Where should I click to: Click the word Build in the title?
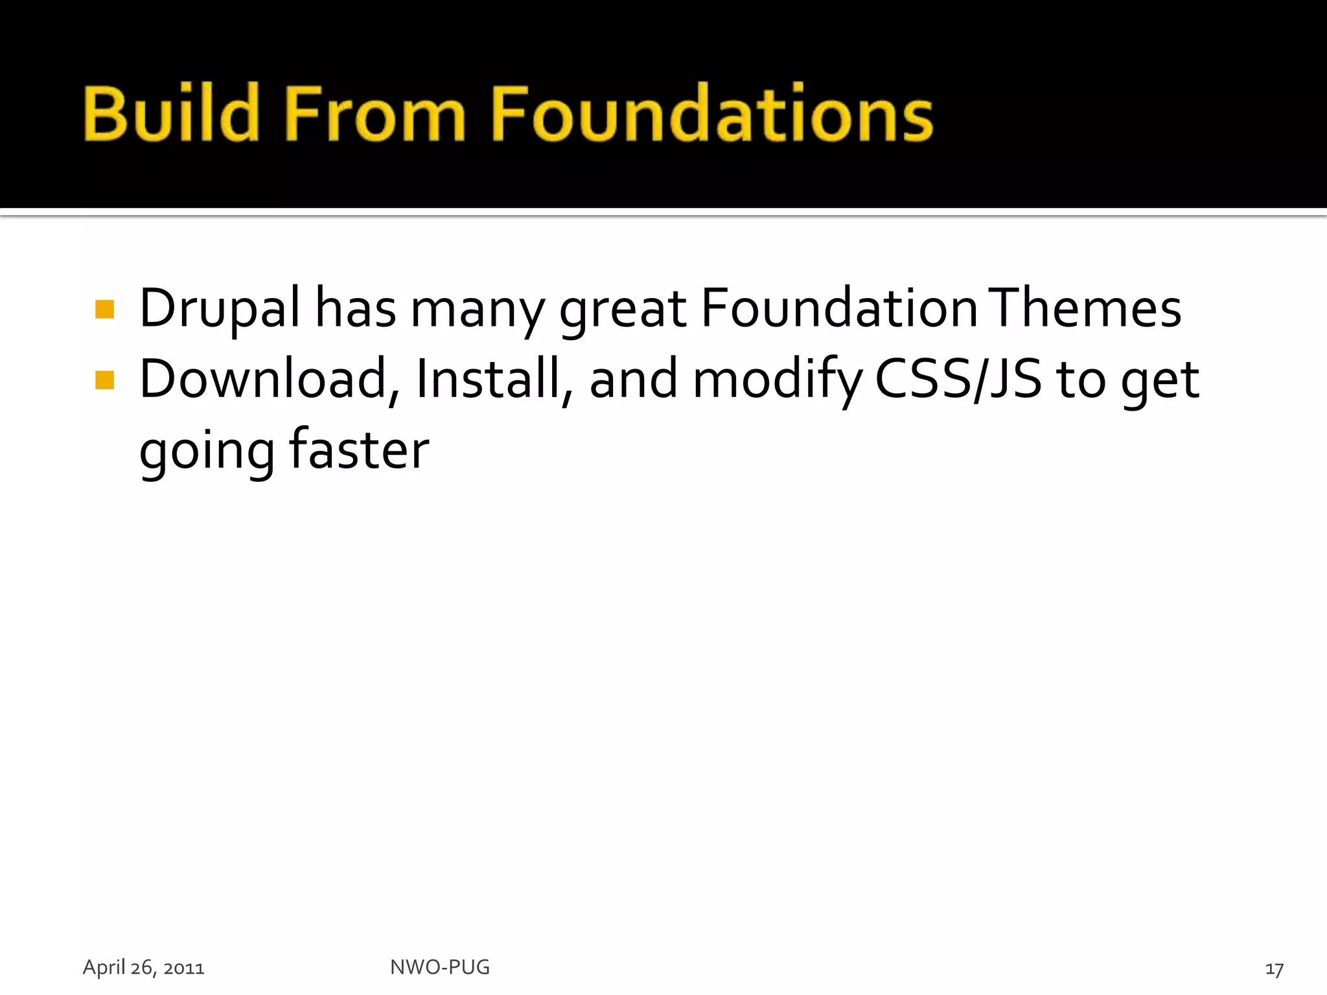[x=170, y=113]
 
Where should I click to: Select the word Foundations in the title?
[x=711, y=113]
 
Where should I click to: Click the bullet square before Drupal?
[x=104, y=310]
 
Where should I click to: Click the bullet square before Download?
[x=104, y=380]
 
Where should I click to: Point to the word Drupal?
[x=220, y=310]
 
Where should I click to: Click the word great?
[x=622, y=310]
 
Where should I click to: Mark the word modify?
[x=777, y=381]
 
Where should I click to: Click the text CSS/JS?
[x=958, y=380]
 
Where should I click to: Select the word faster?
[x=358, y=450]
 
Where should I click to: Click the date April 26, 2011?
[x=143, y=968]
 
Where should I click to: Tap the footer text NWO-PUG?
[x=440, y=967]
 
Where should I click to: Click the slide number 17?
[x=1274, y=969]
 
